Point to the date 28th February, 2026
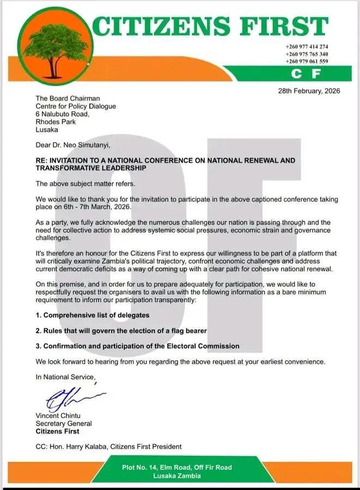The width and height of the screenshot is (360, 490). (309, 91)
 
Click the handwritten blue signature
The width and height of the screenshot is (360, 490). (71, 400)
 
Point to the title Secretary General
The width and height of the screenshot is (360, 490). (64, 424)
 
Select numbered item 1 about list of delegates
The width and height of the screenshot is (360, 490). (92, 316)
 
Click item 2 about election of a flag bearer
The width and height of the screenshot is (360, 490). (121, 331)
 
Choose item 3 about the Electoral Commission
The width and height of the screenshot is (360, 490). (137, 346)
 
